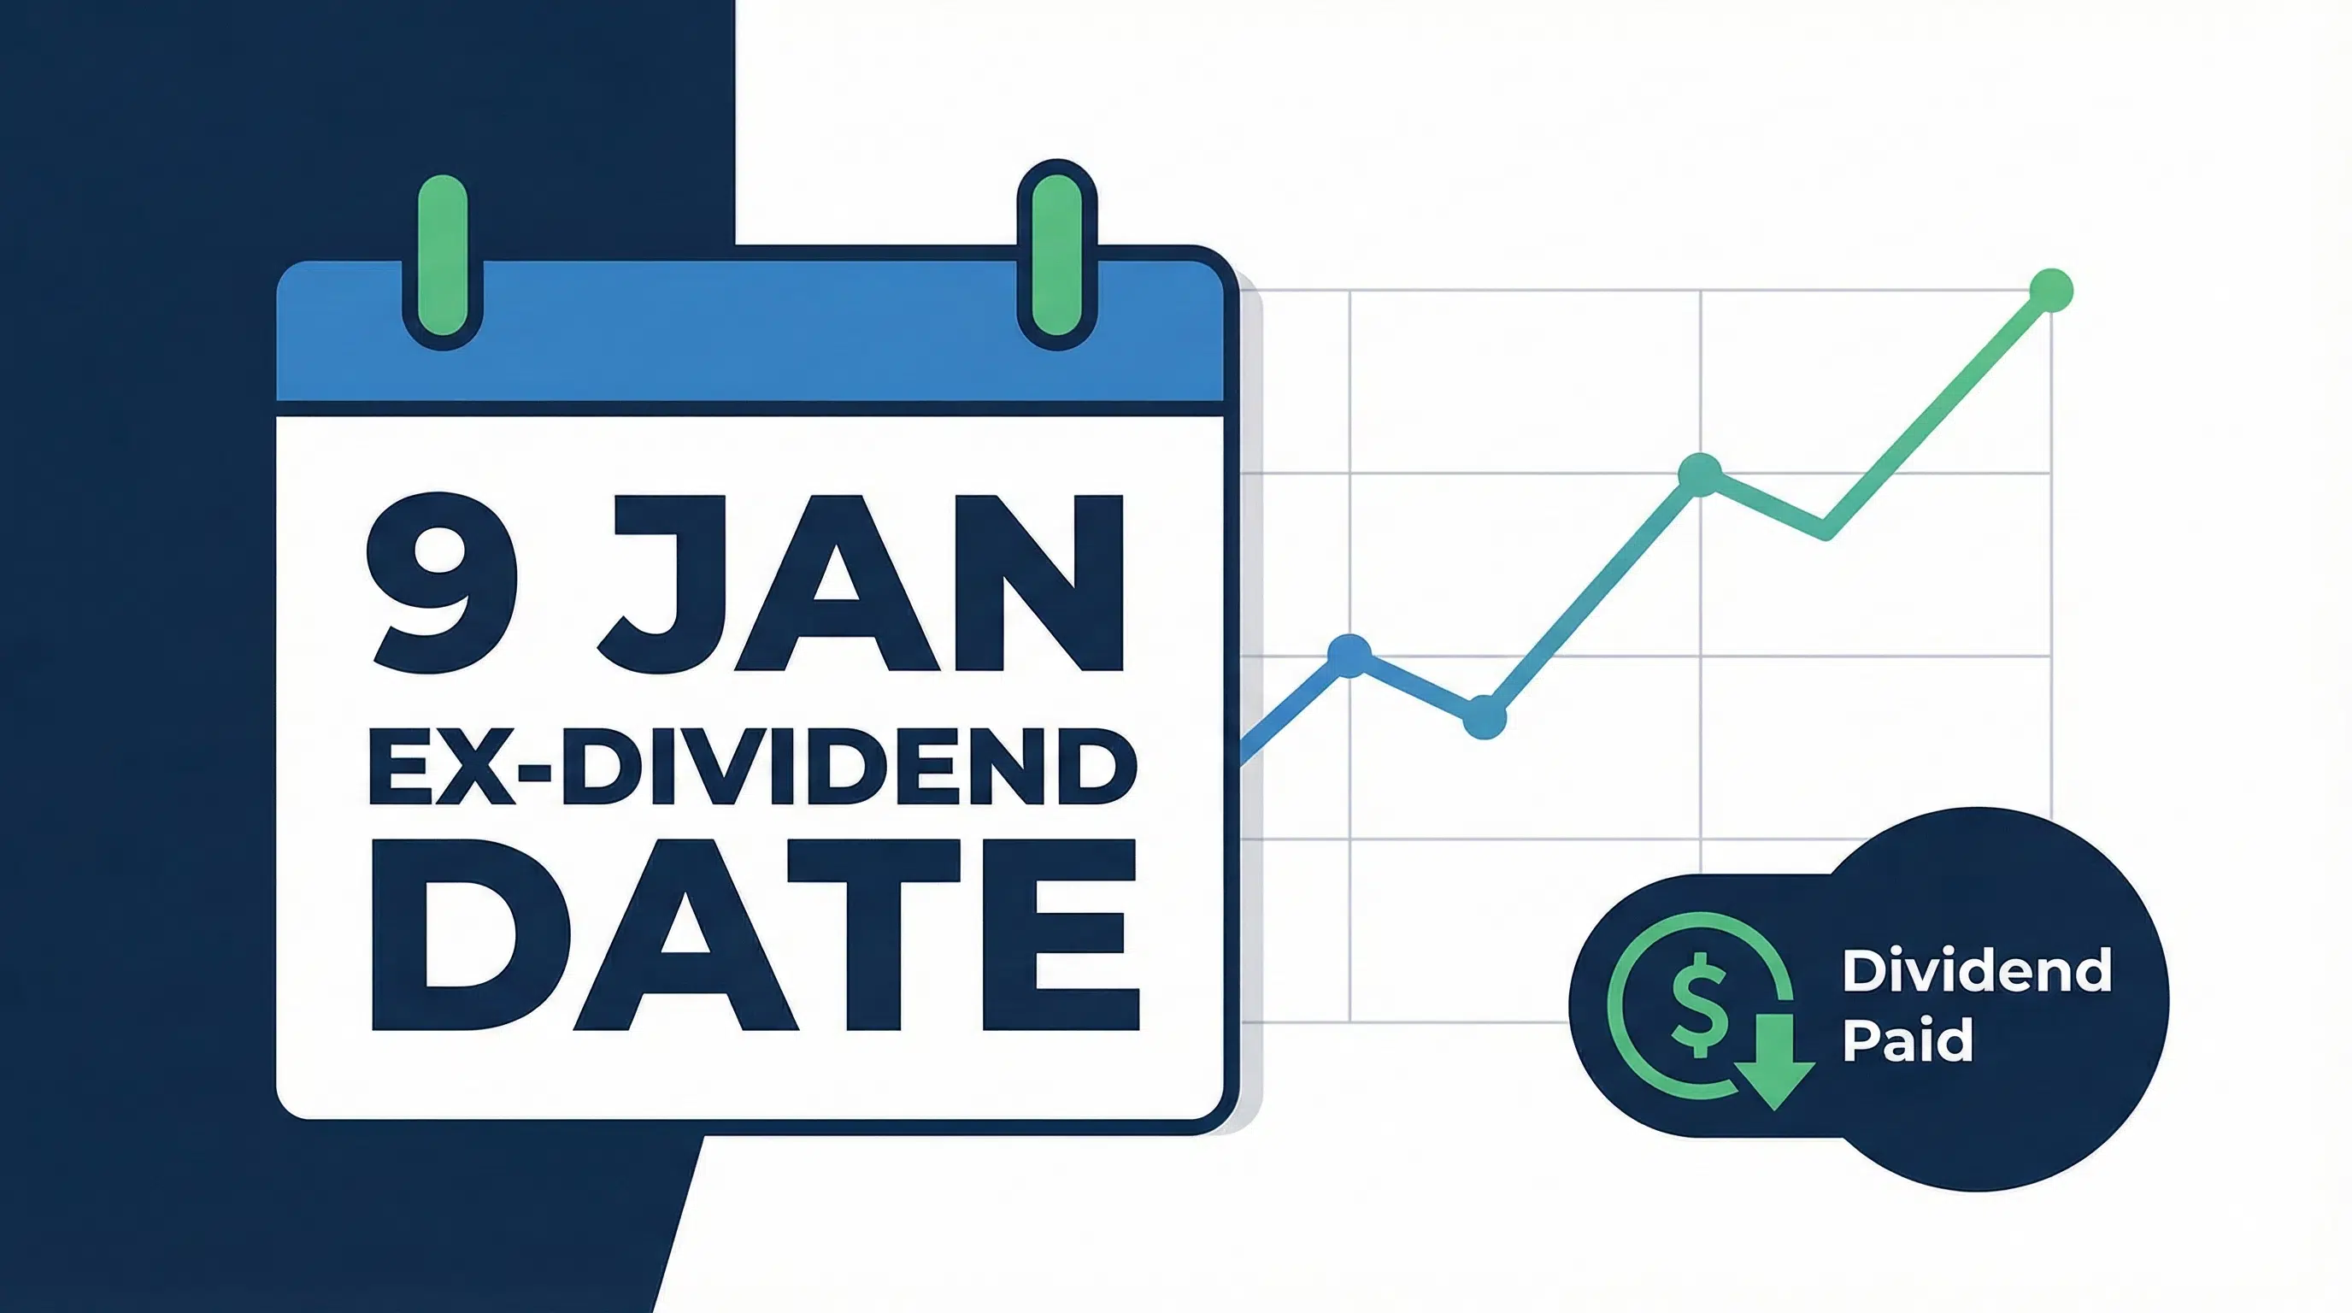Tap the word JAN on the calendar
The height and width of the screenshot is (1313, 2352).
[858, 584]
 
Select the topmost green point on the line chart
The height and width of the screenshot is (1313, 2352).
[2050, 291]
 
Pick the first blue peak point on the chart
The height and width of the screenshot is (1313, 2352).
[1349, 654]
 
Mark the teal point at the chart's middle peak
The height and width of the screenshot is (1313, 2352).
[1699, 474]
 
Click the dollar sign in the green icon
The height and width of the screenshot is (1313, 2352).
[1697, 1004]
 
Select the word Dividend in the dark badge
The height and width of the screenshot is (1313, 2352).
[1977, 970]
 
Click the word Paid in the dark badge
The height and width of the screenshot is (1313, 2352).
[1908, 1041]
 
